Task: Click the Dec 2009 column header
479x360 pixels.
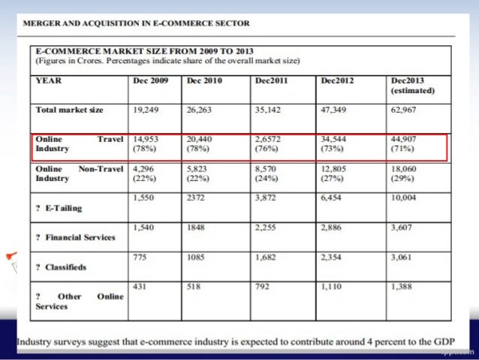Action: click(150, 80)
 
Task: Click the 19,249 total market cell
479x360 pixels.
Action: click(146, 109)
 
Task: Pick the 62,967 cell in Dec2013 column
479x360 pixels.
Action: click(406, 109)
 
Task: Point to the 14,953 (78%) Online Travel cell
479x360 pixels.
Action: click(146, 144)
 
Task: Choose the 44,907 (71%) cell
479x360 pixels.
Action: click(406, 144)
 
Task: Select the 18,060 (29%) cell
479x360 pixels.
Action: click(406, 174)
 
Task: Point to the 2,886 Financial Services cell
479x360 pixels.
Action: click(334, 226)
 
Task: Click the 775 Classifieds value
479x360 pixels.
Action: click(139, 256)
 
